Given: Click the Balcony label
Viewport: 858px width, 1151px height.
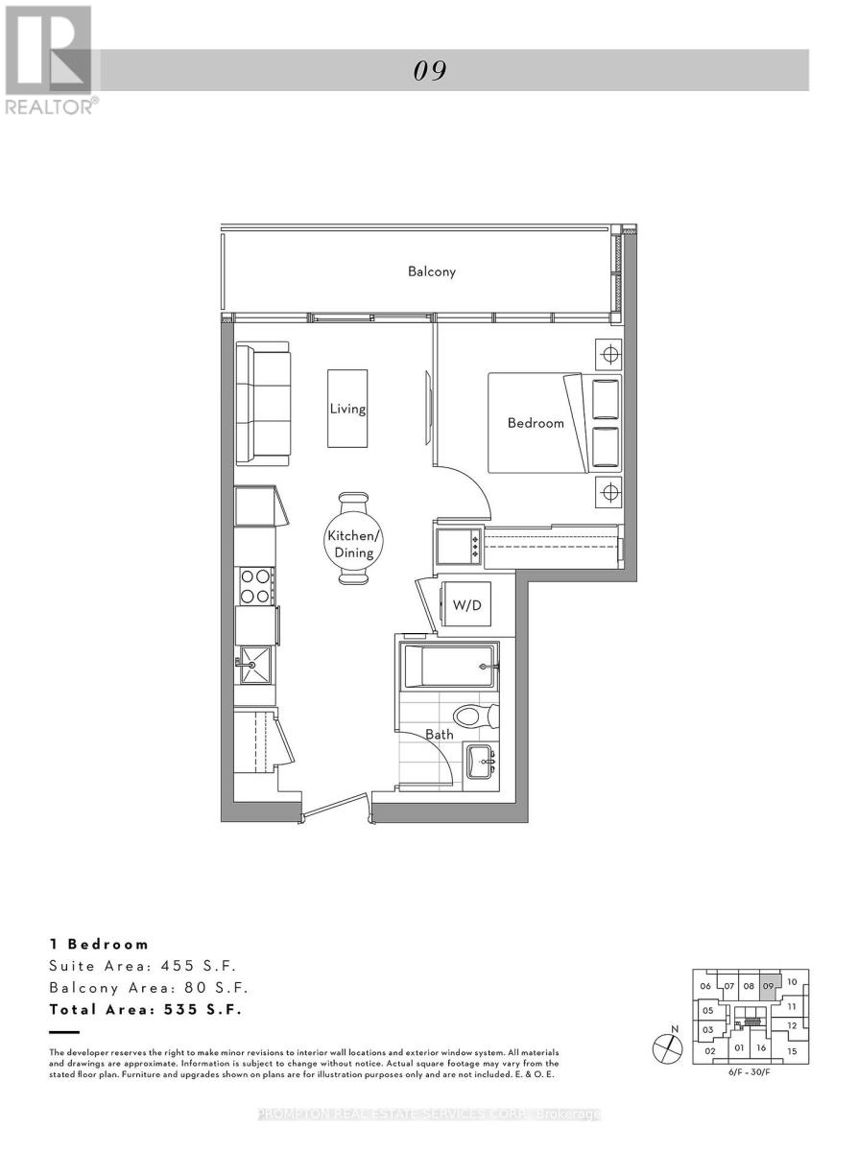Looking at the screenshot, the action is tap(431, 271).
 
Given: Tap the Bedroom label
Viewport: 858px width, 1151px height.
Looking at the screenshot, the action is tap(536, 423).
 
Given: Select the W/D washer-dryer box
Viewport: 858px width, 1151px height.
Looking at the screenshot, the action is tap(466, 604).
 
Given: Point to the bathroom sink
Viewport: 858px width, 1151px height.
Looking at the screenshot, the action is tap(481, 762).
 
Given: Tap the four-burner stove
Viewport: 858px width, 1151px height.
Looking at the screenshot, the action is tap(256, 586).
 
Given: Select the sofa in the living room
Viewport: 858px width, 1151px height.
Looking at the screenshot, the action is tap(262, 403).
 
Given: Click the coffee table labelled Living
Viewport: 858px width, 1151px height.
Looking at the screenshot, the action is tap(347, 409).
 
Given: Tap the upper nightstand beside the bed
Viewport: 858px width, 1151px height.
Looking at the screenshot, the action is tap(608, 355).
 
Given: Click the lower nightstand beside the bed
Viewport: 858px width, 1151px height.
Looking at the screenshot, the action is tap(608, 490).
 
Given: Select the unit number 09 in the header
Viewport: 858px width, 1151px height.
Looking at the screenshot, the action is tap(430, 71).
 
